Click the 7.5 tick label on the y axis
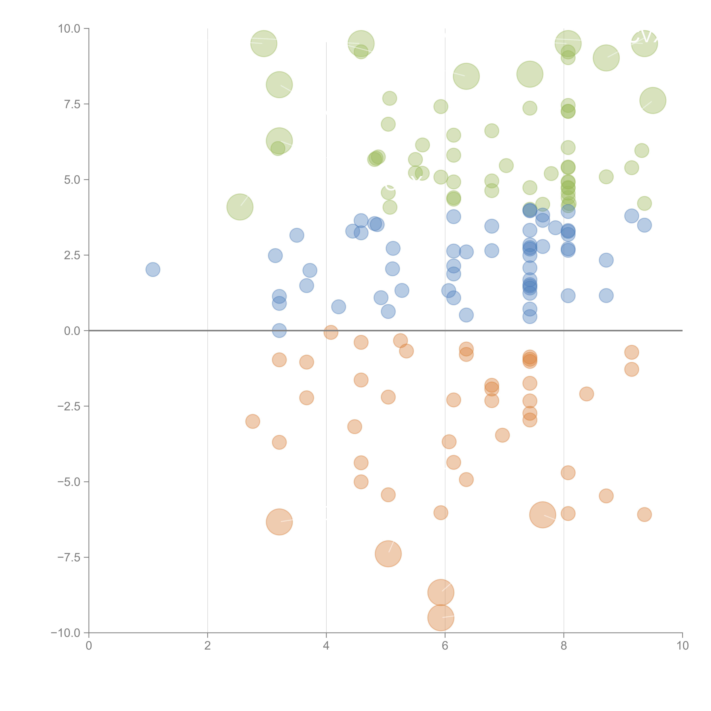click(x=72, y=104)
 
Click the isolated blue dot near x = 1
click(x=153, y=269)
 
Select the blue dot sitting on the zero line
click(x=279, y=330)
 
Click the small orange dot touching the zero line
click(x=331, y=332)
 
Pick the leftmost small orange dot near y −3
click(x=252, y=421)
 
